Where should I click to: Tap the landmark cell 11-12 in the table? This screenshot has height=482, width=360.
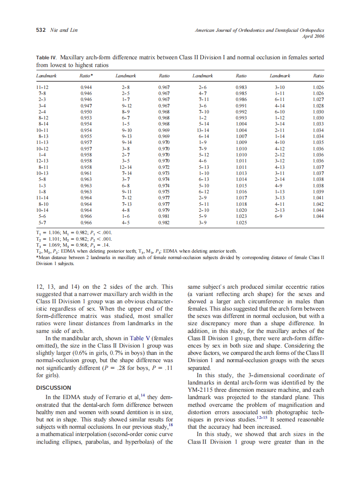tap(42, 87)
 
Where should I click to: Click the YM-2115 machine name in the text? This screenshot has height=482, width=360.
tap(202, 390)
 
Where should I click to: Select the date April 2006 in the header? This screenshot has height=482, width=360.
tap(313, 37)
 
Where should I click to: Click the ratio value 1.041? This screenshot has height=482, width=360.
tap(318, 198)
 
